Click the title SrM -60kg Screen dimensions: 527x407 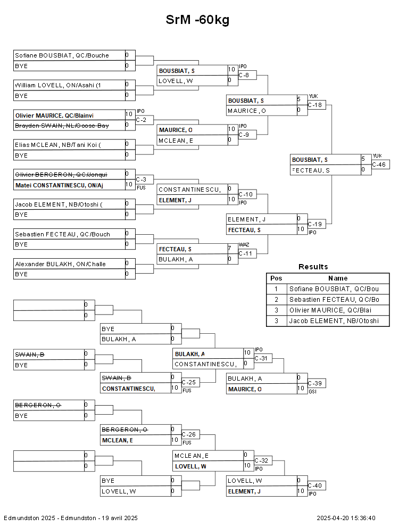197,20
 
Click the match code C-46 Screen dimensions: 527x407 379,164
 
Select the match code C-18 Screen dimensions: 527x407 315,105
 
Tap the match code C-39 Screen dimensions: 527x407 315,383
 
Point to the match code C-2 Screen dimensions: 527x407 141,120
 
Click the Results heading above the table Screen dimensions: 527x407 313,267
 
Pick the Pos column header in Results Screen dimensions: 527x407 276,278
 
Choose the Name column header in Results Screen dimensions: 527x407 338,278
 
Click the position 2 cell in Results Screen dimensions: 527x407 276,300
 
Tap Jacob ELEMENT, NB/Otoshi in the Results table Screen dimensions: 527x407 334,321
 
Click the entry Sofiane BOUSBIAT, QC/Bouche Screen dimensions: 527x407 62,55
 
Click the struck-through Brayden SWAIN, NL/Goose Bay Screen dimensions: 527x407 62,126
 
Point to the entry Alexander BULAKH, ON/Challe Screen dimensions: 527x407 60,264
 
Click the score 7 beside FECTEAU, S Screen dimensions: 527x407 229,249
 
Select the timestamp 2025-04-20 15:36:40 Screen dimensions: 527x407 346,518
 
